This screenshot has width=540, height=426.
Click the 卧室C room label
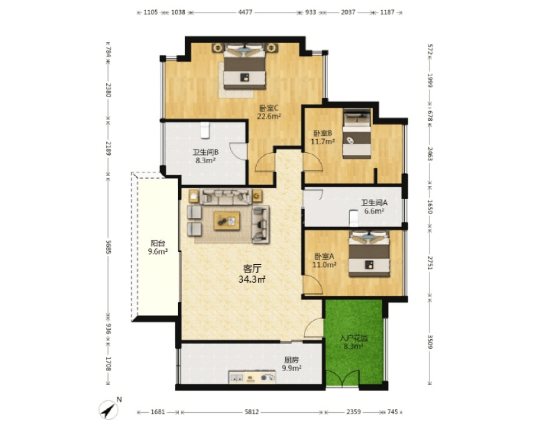tap(268, 108)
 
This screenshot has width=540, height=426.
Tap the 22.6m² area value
tap(269, 116)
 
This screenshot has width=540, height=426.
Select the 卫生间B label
tap(205, 152)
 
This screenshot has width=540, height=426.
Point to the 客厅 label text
tap(252, 269)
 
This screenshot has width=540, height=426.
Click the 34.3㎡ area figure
tap(252, 279)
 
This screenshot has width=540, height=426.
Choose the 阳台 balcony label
tap(157, 243)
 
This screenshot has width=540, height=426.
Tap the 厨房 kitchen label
tap(291, 360)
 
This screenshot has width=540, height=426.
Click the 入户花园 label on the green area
tap(353, 338)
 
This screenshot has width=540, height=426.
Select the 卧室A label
tap(324, 256)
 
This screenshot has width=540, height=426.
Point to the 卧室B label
tap(322, 133)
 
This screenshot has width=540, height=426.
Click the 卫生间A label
tap(374, 203)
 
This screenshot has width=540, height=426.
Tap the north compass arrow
tap(108, 410)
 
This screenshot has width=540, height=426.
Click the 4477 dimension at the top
tap(245, 12)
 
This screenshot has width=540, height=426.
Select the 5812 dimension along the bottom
tap(251, 412)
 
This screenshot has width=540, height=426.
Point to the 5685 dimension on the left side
tap(108, 247)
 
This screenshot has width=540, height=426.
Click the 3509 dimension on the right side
tap(430, 342)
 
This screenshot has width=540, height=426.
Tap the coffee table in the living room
tap(227, 221)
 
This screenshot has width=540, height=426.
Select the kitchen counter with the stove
tap(252, 377)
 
